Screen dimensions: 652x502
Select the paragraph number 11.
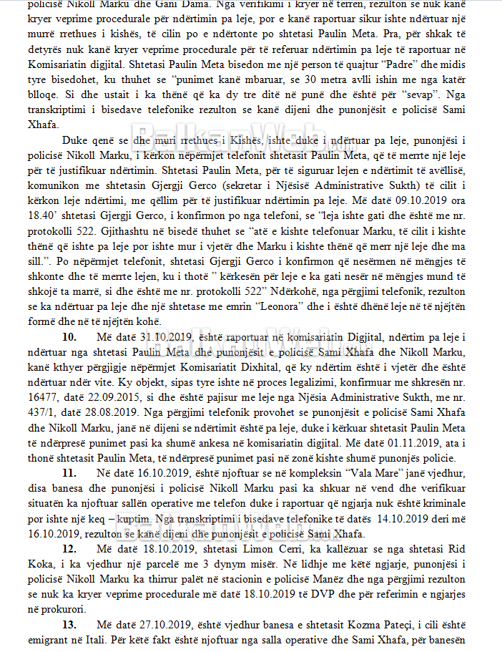[69, 473]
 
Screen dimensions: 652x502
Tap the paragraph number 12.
[69, 548]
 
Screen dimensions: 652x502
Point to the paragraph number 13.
[69, 624]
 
